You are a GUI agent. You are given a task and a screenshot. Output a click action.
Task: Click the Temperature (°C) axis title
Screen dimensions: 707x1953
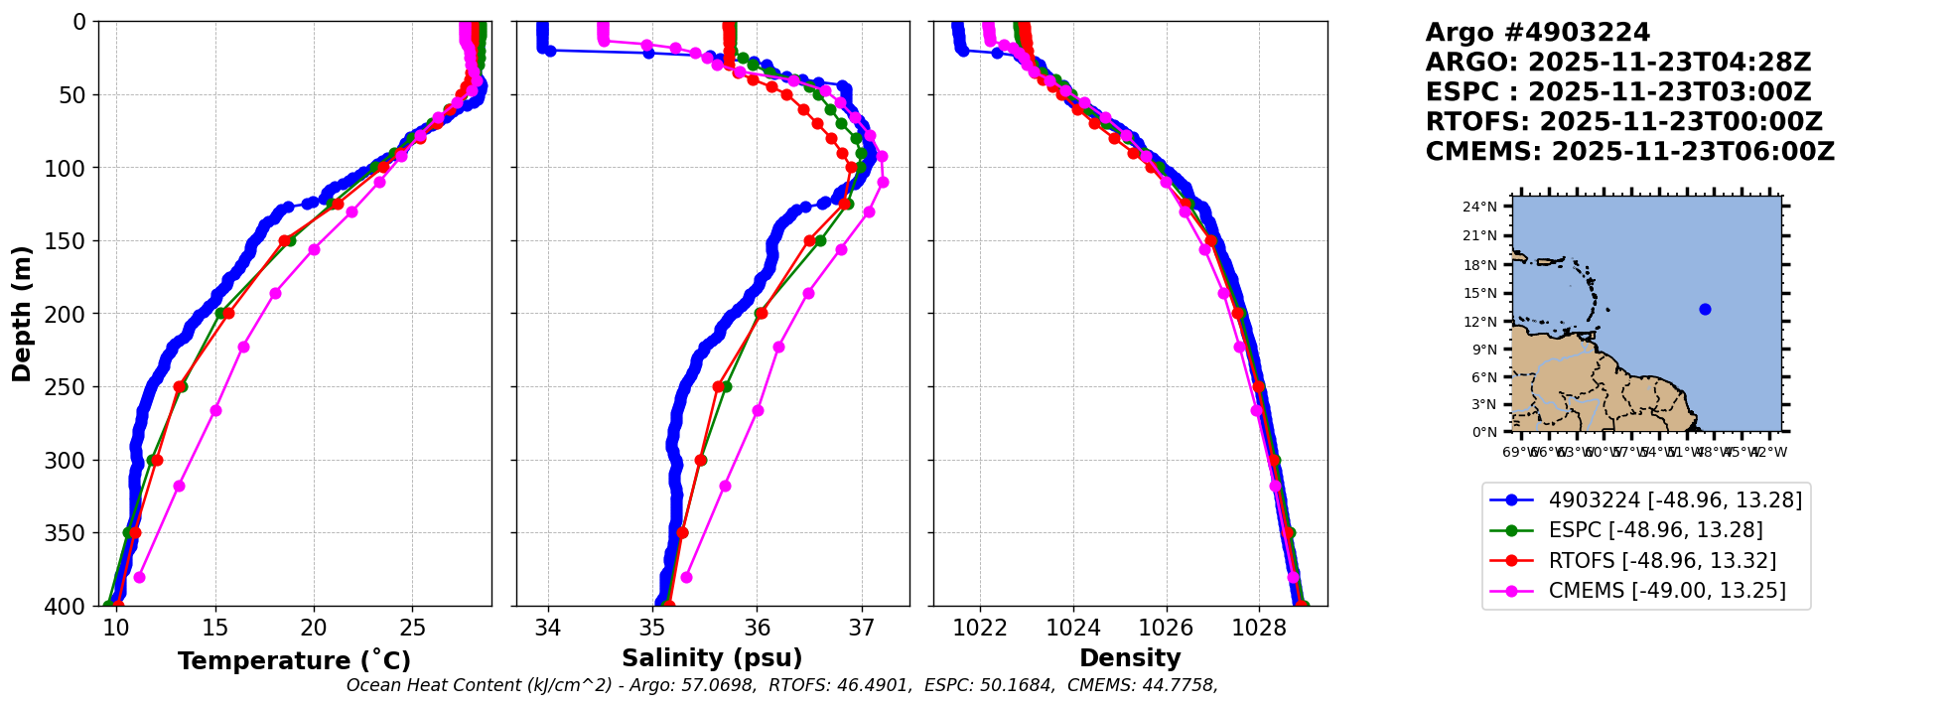coord(294,661)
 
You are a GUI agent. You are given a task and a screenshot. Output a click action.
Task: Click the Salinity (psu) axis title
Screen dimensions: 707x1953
coord(712,658)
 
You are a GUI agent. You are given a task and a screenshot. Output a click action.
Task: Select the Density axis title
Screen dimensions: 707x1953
coord(1130,658)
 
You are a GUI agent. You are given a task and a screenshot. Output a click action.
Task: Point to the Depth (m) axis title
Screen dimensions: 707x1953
coord(22,314)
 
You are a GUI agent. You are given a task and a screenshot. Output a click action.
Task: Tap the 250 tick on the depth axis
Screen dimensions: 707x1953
coord(72,387)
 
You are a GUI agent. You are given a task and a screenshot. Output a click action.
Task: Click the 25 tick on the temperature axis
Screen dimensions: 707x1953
coord(412,628)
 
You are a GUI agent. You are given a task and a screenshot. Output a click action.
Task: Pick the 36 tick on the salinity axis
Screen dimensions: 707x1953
coord(757,628)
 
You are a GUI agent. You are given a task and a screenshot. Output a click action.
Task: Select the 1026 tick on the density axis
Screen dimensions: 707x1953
coord(1166,628)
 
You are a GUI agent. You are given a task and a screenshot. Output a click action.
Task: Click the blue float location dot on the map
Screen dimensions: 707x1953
coord(1705,309)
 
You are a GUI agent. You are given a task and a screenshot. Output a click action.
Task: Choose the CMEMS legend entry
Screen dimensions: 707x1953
coord(1666,591)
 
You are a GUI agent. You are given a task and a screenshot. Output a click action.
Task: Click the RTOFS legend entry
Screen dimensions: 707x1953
coord(1662,561)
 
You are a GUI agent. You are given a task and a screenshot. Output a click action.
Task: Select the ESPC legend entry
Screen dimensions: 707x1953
coord(1655,530)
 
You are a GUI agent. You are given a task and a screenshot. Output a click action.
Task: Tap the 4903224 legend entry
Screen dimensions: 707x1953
coord(1674,499)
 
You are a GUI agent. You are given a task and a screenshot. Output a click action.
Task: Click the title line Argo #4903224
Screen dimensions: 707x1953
coord(1537,33)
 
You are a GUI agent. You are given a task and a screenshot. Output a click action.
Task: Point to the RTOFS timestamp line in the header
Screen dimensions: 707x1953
coord(1623,122)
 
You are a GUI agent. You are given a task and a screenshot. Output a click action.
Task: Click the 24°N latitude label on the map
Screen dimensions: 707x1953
coord(1479,207)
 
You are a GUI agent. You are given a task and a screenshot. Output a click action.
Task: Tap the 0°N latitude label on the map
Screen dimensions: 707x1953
coord(1483,432)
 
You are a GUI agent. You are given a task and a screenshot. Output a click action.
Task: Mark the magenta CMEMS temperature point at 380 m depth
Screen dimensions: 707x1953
coord(139,577)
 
